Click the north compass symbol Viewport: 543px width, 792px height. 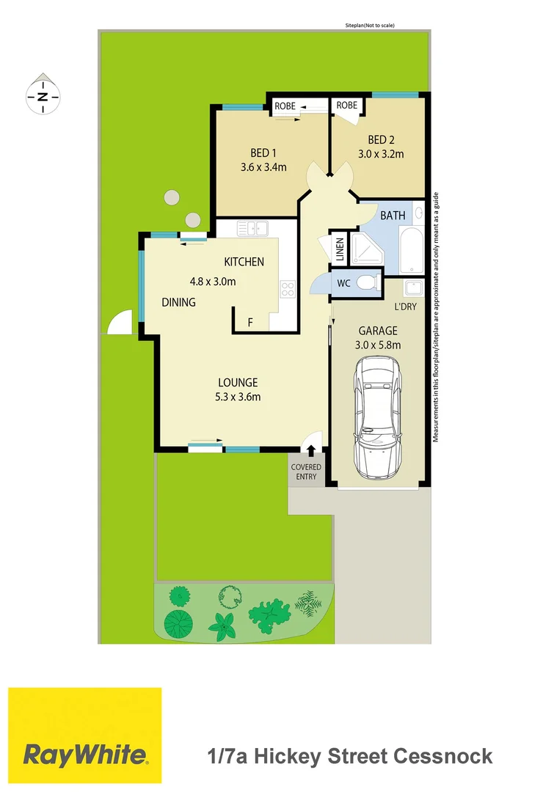click(43, 95)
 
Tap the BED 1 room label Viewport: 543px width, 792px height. click(263, 153)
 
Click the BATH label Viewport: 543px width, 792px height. click(392, 216)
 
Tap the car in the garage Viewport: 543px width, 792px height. click(378, 416)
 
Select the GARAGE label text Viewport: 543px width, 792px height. click(378, 331)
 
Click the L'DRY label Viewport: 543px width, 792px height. click(405, 306)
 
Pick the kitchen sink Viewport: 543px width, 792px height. click(251, 229)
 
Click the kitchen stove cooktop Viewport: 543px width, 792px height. click(288, 289)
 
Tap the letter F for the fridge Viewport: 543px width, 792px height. click(250, 321)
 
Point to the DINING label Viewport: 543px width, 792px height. click(178, 301)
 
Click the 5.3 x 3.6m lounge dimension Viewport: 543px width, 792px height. click(238, 397)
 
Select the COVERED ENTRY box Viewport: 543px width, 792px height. click(305, 472)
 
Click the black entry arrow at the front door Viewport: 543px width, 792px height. click(310, 450)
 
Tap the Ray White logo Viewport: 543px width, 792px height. click(84, 736)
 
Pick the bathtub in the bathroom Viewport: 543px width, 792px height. click(412, 249)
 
